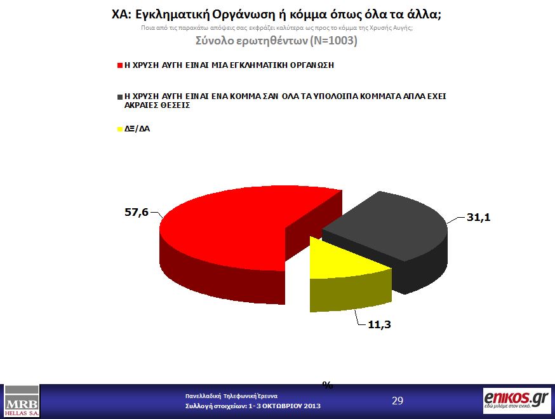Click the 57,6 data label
click(x=136, y=212)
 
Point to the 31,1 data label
click(x=478, y=217)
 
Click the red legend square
click(x=119, y=65)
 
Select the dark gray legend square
click(x=119, y=96)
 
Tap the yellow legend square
click(x=119, y=129)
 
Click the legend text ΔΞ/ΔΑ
click(x=137, y=129)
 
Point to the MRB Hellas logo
click(x=22, y=401)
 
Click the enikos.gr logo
click(x=515, y=401)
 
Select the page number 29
click(x=398, y=401)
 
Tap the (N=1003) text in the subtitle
click(x=332, y=41)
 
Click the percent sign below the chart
click(x=328, y=385)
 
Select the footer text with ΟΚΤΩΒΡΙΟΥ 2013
click(x=253, y=406)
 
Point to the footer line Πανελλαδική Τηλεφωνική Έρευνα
click(x=231, y=396)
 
